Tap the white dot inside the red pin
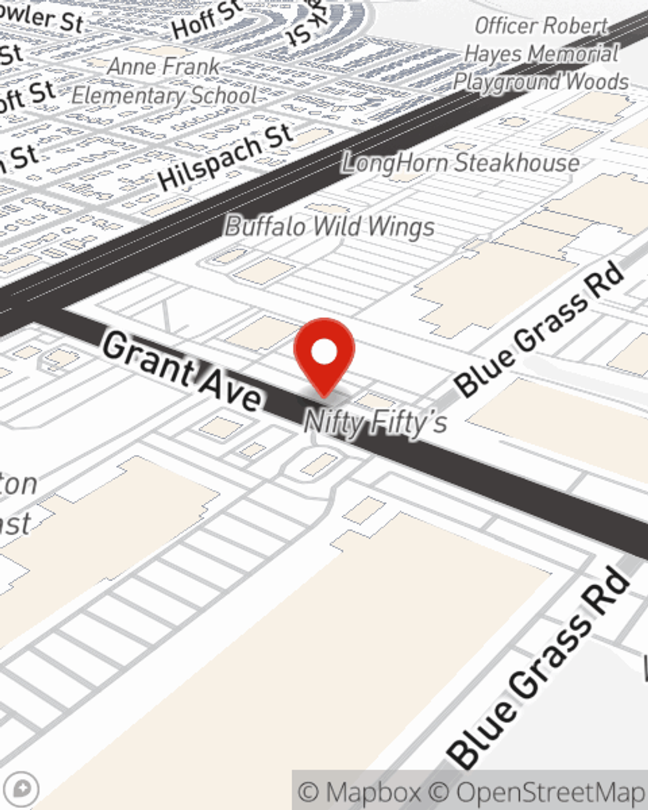pos(324,353)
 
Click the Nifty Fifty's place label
pos(375,422)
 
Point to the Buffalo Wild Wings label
pos(330,227)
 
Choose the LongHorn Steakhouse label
pos(461,162)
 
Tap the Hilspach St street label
pos(226,157)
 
